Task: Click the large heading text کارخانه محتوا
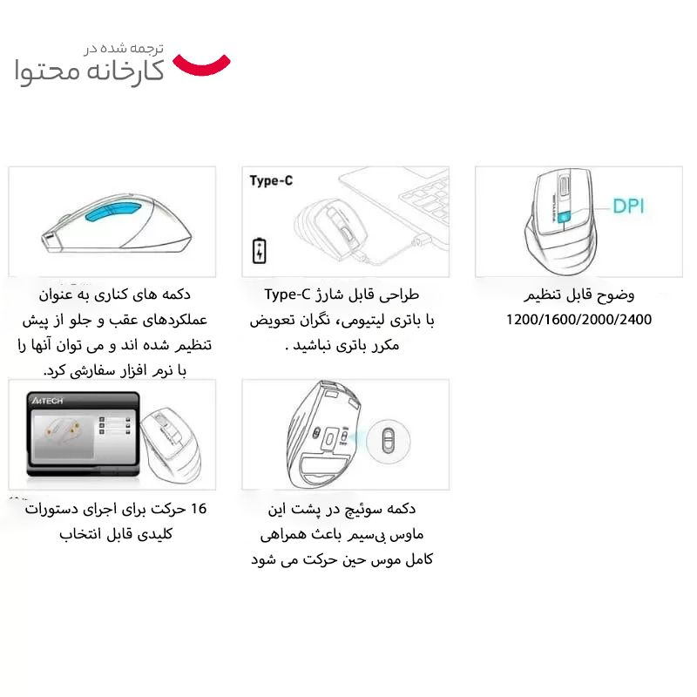(x=90, y=71)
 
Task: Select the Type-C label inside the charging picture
(x=271, y=181)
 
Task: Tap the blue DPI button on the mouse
(x=565, y=216)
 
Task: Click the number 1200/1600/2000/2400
(x=579, y=320)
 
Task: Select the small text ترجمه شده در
(x=125, y=49)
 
